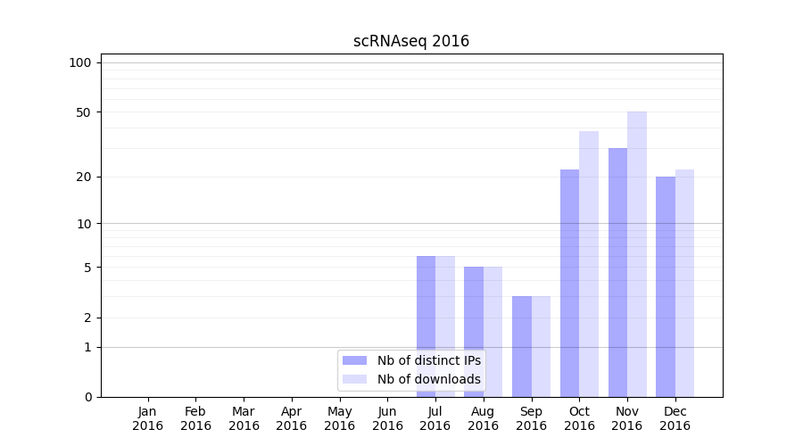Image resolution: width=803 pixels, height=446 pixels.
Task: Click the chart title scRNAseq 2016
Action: coord(410,41)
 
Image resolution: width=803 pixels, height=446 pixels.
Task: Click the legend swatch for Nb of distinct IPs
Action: coord(354,360)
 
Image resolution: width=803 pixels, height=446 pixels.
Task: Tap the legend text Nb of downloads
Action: coord(428,379)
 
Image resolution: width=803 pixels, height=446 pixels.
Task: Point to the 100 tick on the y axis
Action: coord(80,62)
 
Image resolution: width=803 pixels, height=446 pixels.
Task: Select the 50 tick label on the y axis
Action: coord(84,112)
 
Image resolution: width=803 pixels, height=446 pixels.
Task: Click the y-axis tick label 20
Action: coord(84,177)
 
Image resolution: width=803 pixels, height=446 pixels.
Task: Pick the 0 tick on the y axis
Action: coord(87,397)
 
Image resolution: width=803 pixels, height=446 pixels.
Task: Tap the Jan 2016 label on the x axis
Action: coord(148,418)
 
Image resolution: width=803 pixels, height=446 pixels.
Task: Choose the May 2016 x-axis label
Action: coord(339,418)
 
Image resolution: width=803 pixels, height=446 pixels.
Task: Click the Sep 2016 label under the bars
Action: coord(531,418)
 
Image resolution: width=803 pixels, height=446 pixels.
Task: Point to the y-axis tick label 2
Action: coord(87,318)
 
